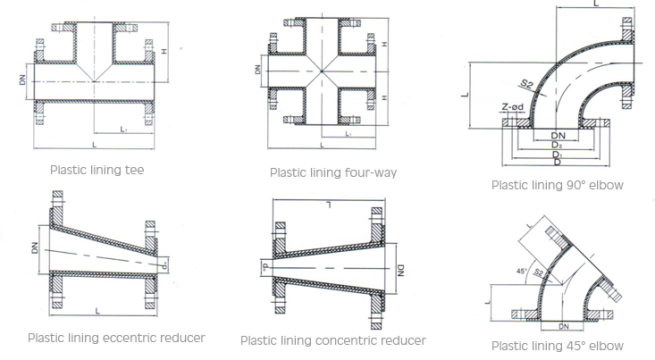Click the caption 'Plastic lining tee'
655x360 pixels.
point(97,168)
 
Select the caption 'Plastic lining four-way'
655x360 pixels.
point(333,172)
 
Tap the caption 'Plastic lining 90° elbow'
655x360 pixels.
point(557,185)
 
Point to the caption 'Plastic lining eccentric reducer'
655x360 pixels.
point(116,338)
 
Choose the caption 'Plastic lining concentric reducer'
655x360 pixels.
point(333,340)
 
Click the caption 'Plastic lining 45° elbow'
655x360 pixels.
point(557,346)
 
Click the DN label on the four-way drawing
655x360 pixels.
point(258,69)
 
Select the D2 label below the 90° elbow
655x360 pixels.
point(557,144)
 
